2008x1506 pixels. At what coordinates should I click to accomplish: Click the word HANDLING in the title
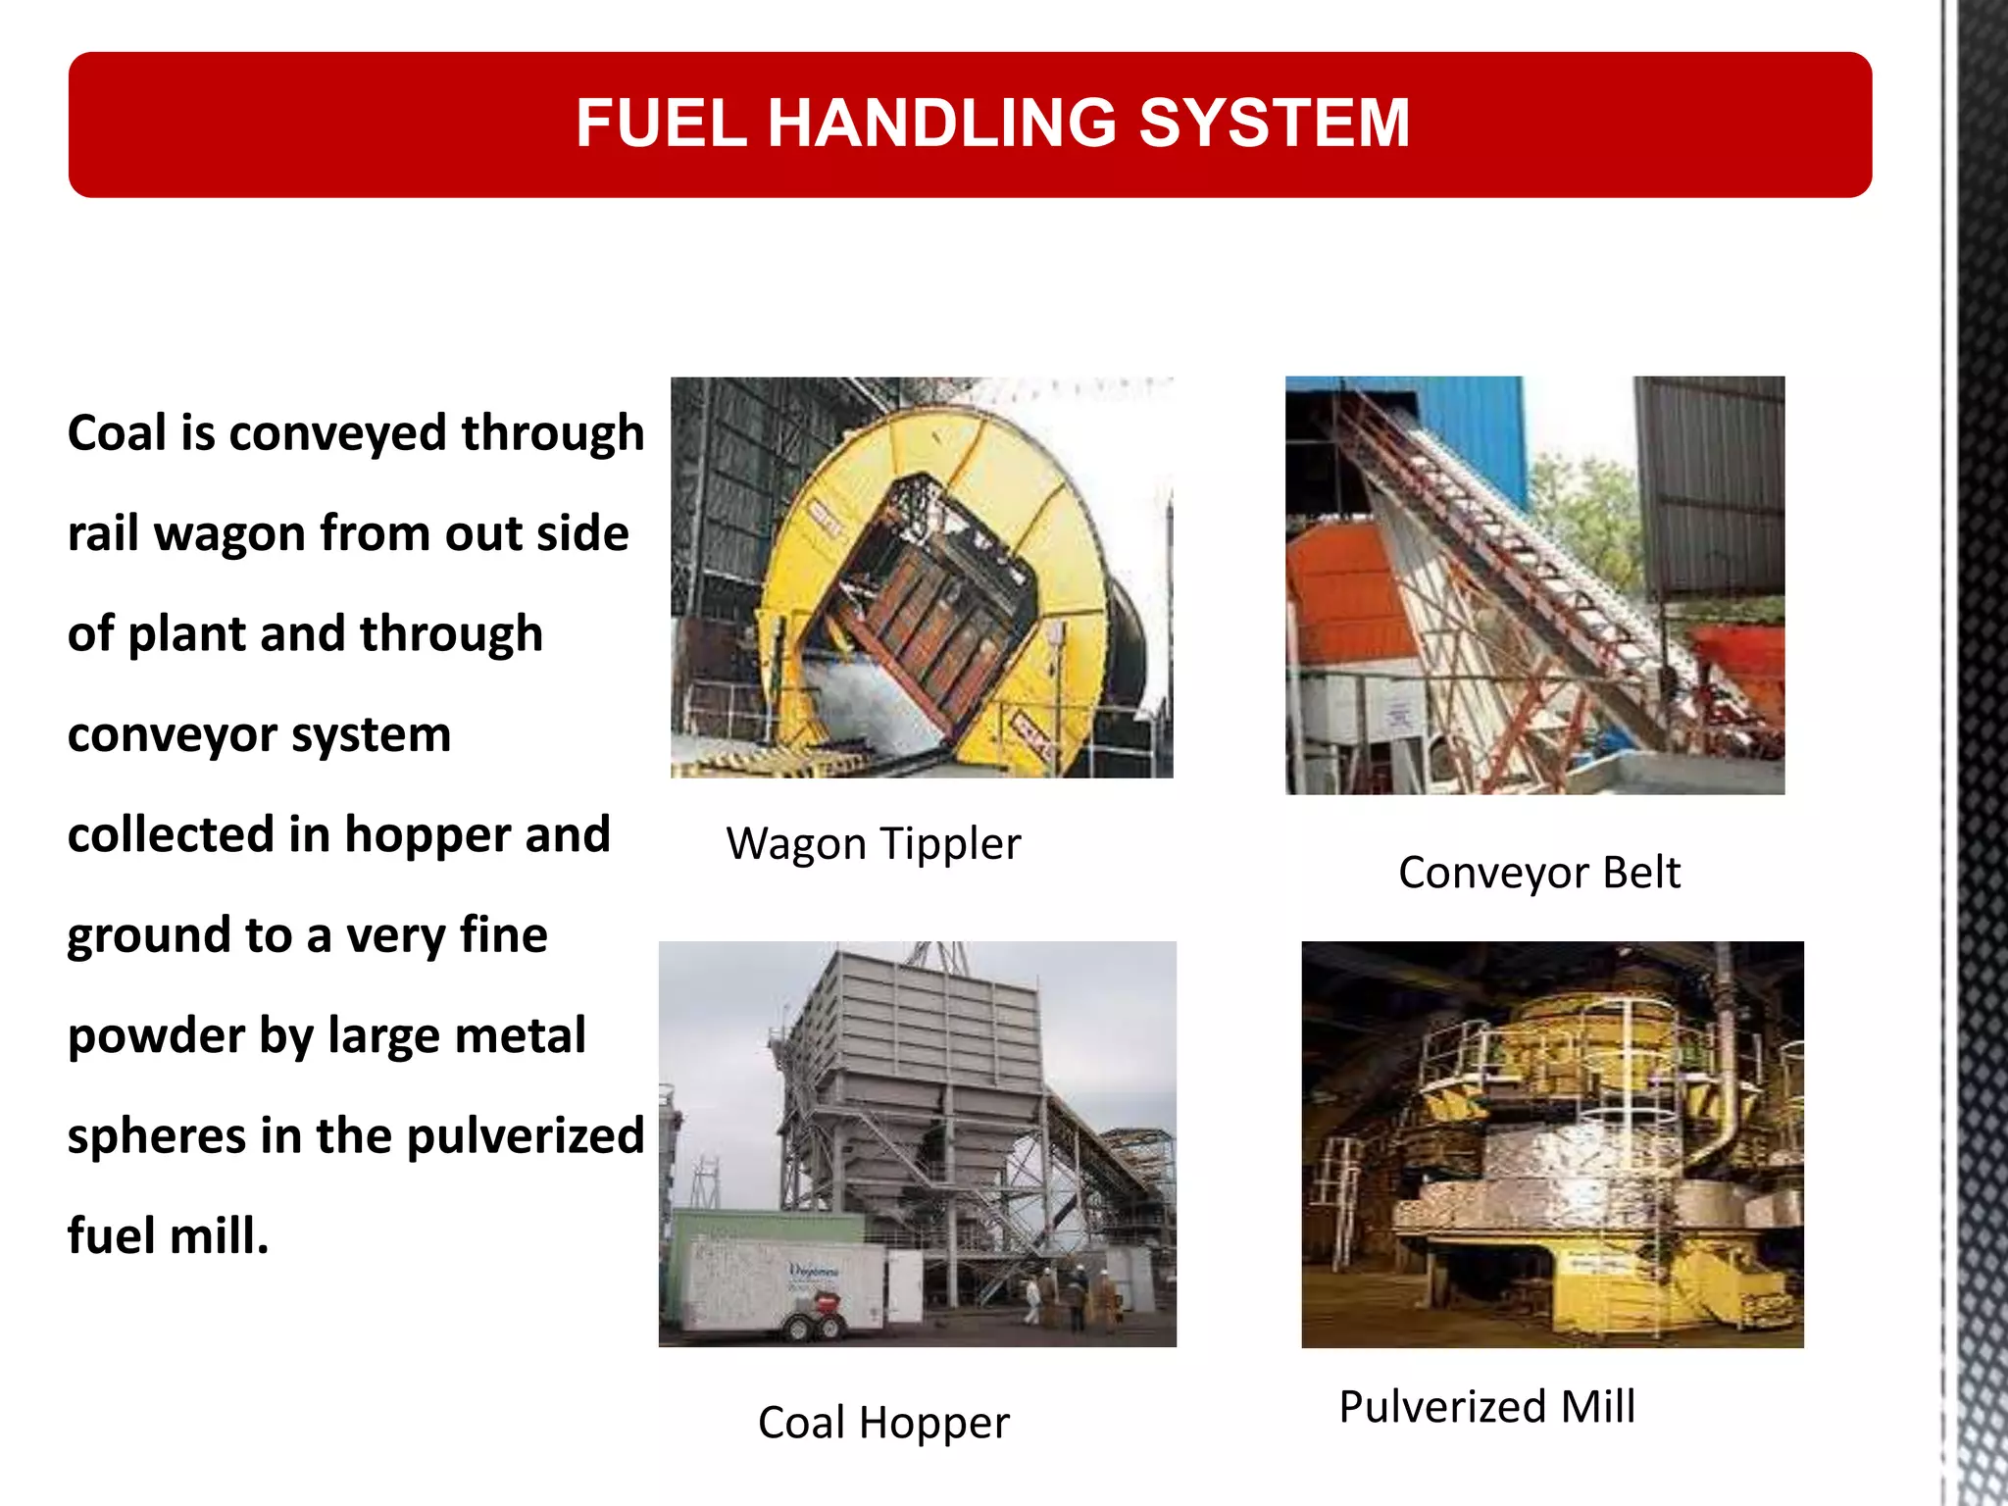pyautogui.click(x=941, y=124)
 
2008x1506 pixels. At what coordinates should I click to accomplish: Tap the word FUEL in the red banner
pyautogui.click(x=661, y=124)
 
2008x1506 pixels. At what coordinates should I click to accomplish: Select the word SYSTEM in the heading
pyautogui.click(x=1274, y=124)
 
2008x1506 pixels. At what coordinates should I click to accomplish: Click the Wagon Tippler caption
pyautogui.click(x=873, y=844)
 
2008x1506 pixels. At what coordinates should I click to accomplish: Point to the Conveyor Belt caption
pyautogui.click(x=1538, y=873)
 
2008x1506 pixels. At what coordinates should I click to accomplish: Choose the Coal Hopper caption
pyautogui.click(x=882, y=1423)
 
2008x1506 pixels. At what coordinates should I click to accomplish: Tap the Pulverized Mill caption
pyautogui.click(x=1486, y=1407)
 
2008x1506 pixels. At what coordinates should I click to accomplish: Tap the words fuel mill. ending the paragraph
pyautogui.click(x=168, y=1236)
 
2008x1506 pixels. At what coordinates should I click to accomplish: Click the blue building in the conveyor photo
pyautogui.click(x=1471, y=431)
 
